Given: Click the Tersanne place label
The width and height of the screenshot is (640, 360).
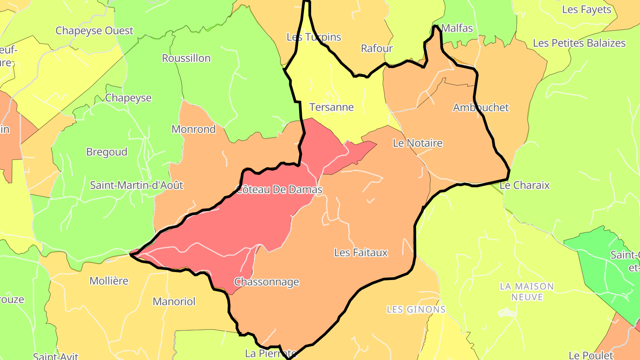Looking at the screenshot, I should (x=332, y=107).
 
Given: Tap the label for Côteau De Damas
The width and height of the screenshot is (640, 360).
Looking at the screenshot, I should (x=279, y=190).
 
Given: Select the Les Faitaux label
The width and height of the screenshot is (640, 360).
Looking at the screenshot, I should (x=361, y=252).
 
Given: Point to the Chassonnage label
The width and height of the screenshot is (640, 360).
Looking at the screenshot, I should (x=267, y=282).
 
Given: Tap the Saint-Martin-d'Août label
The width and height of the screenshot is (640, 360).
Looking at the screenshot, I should (x=136, y=185).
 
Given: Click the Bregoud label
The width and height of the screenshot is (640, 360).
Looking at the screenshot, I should (x=107, y=152).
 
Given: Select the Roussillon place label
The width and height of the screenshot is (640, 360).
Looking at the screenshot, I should (x=186, y=58).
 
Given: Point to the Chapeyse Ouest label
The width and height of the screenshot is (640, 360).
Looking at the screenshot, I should (x=94, y=31).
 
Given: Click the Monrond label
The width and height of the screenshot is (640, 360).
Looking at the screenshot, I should (x=194, y=129).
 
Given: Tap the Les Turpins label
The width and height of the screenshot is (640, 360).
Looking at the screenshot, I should (x=314, y=37).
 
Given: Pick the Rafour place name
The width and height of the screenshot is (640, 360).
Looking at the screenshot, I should (x=376, y=48).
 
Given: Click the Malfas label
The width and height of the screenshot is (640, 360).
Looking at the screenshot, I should (x=457, y=28).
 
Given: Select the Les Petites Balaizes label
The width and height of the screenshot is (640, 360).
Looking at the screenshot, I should (x=579, y=43).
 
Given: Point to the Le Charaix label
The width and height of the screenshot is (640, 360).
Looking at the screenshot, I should (x=525, y=185).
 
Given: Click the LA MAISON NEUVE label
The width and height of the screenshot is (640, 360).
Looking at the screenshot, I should (x=527, y=292).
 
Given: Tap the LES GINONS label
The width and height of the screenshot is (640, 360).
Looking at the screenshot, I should (x=416, y=309).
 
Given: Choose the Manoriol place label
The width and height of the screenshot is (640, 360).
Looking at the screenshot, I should (x=174, y=301).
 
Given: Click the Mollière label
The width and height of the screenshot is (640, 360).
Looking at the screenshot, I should (x=109, y=281).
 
